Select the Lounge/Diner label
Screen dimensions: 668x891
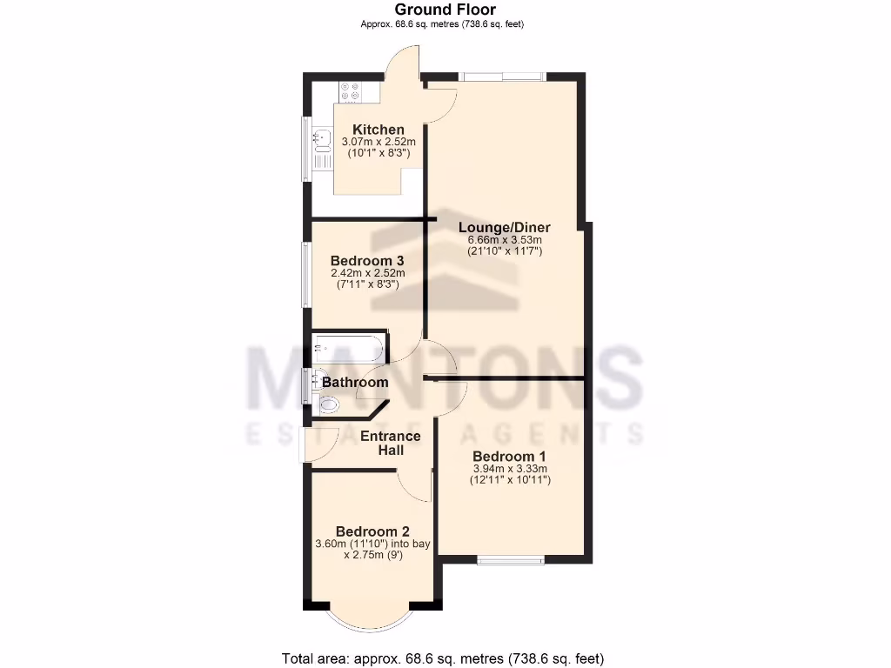(505, 228)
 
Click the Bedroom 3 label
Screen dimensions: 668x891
(365, 260)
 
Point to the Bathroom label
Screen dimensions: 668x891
(355, 382)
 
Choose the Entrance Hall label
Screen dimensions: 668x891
(391, 443)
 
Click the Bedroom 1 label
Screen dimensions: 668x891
(509, 457)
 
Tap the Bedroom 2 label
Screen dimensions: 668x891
(372, 531)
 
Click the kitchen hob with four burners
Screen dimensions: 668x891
(351, 89)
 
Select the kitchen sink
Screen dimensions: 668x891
(321, 137)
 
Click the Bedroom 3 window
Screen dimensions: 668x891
(305, 274)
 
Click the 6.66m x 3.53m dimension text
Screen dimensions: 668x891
(505, 240)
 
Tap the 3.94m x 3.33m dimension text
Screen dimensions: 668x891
(509, 469)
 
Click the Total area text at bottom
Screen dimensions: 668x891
(442, 658)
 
